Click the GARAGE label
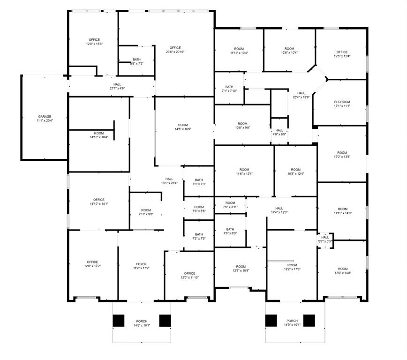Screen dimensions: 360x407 45,117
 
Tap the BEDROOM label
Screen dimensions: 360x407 342,102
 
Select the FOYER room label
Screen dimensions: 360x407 141,264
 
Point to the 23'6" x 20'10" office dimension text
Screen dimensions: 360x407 175,52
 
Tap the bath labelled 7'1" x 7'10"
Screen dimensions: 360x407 229,89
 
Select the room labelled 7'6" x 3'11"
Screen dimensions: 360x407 230,205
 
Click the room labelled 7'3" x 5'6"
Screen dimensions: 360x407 199,209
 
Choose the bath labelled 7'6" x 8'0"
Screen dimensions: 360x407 230,231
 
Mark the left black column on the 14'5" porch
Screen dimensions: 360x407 119,321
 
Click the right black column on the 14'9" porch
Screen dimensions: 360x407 309,321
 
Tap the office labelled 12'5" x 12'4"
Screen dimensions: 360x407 342,54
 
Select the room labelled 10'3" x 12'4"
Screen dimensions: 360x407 295,172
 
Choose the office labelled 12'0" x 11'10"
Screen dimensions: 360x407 189,276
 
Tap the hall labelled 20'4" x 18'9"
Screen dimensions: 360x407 301,95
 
